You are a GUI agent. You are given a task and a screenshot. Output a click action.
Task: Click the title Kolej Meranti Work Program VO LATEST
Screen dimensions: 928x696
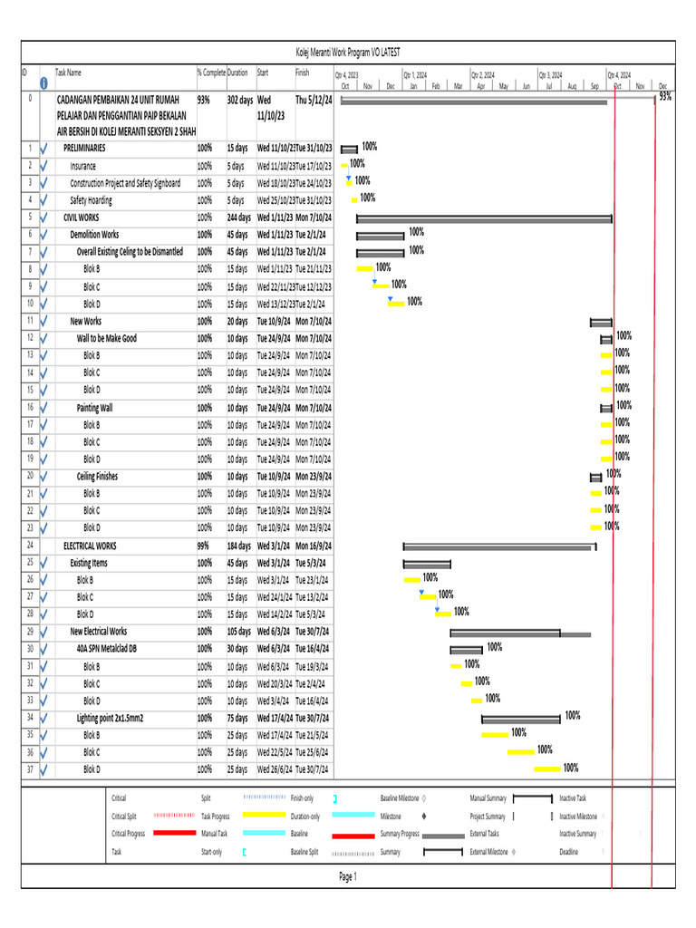click(347, 53)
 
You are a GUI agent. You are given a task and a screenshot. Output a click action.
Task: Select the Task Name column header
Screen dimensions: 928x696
click(68, 72)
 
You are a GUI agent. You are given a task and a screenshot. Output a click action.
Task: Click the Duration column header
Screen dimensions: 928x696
click(237, 72)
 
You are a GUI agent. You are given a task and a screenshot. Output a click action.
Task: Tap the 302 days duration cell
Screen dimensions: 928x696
click(240, 100)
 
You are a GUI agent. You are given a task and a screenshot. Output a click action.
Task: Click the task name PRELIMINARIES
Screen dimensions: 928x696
click(84, 148)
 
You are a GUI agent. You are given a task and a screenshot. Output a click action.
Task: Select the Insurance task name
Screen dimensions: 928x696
click(83, 166)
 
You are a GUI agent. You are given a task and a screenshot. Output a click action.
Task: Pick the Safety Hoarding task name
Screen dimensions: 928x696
click(92, 200)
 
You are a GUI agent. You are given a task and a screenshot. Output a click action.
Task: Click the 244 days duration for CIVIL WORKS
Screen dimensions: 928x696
click(239, 217)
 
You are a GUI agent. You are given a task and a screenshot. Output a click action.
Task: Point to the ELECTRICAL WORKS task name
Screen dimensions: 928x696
click(90, 546)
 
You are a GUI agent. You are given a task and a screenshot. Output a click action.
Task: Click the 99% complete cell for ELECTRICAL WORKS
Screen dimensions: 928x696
click(205, 546)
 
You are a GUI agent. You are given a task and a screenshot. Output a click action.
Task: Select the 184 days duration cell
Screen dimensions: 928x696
click(239, 546)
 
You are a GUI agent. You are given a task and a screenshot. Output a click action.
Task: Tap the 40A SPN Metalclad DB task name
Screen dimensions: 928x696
click(107, 649)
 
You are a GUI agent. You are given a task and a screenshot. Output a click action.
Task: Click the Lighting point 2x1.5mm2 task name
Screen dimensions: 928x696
click(111, 718)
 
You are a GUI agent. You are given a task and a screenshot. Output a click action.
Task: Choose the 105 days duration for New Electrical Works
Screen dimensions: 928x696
click(239, 632)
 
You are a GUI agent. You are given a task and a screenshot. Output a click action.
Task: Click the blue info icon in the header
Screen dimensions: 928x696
click(43, 82)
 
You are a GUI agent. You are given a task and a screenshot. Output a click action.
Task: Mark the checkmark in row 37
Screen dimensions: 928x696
click(43, 769)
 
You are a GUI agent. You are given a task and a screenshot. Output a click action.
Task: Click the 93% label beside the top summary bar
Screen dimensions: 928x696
click(665, 96)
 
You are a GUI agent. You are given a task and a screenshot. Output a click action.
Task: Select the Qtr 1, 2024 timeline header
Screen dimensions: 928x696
click(416, 75)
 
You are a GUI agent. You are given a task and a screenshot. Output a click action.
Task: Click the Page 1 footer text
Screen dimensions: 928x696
click(348, 876)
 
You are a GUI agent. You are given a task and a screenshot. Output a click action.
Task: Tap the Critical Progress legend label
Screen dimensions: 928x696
click(128, 834)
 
